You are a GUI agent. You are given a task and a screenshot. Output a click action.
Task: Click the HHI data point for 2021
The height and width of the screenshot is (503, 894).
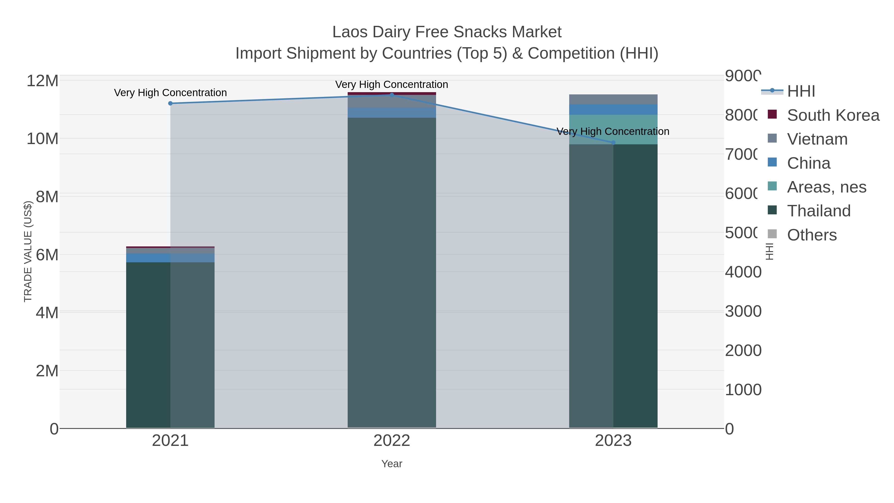pos(170,103)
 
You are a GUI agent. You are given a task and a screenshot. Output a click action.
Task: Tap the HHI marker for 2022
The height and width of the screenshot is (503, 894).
pos(392,95)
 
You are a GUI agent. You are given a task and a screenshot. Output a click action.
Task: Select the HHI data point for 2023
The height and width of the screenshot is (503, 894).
pos(613,143)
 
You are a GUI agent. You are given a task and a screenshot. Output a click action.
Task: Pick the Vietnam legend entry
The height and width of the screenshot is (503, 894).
pos(817,139)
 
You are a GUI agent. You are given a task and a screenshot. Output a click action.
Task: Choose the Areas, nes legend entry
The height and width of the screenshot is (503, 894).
pos(826,187)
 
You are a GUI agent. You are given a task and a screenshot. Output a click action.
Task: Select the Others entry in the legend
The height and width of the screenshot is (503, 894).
pos(811,235)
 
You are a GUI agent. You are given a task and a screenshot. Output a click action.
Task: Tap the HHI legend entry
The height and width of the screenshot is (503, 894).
pos(801,91)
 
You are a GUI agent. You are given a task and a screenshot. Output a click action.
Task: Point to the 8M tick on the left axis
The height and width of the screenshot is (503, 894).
pos(47,197)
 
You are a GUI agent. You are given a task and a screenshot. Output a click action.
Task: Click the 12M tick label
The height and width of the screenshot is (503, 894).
pos(42,81)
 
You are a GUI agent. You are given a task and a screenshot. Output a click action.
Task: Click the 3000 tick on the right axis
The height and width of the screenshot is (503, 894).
pos(743,311)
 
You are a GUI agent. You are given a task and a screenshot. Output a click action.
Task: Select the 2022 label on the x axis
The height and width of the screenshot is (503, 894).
pos(392,441)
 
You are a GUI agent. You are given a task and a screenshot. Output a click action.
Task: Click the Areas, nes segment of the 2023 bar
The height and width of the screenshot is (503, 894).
pos(613,129)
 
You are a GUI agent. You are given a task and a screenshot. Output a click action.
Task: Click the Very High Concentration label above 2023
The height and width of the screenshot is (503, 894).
pos(613,132)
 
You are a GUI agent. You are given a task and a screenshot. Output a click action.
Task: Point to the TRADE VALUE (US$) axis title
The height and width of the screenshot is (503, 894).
pos(28,251)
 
